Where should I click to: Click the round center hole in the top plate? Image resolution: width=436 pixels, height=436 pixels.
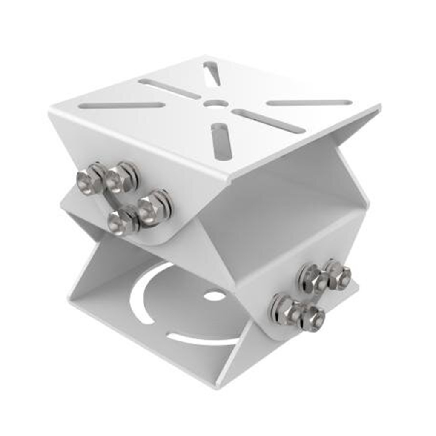pos(215,103)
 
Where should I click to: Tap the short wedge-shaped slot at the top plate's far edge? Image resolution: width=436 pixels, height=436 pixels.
pos(212,73)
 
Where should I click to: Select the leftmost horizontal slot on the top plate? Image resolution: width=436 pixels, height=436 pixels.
pos(122,105)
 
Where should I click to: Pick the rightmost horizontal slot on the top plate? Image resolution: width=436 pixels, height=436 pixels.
pos(309,103)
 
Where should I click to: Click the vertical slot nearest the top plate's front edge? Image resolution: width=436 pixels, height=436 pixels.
pos(221,141)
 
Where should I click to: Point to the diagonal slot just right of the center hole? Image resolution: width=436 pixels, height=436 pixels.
pos(269,121)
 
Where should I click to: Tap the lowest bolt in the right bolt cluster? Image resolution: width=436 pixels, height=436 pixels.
pos(313,317)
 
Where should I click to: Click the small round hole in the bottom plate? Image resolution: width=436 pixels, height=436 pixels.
pos(215,296)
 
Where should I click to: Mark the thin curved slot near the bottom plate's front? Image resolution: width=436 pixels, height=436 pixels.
pos(200,339)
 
